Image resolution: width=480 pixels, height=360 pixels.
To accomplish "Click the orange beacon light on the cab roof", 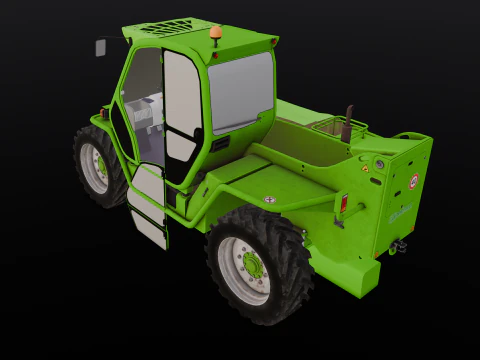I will [x=216, y=36].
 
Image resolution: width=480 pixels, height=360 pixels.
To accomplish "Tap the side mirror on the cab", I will [x=102, y=47].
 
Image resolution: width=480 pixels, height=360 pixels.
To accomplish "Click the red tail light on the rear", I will [x=344, y=204].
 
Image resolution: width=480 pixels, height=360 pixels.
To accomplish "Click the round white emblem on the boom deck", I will [x=269, y=200].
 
